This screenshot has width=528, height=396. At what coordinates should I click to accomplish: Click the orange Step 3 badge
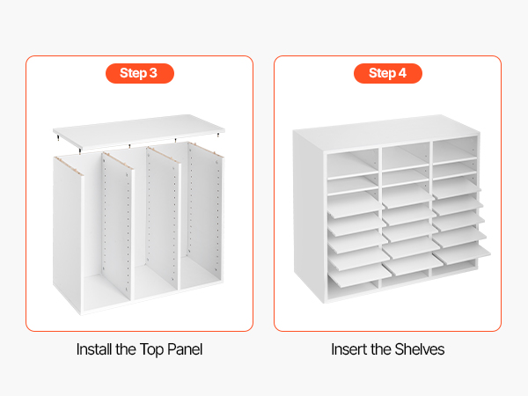[140, 73]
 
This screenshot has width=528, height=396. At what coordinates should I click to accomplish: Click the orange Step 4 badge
[387, 73]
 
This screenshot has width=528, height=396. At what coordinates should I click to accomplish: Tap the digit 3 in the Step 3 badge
[153, 73]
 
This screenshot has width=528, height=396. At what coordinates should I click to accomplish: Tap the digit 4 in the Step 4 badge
[402, 73]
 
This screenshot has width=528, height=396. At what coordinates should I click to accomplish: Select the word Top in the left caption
[151, 350]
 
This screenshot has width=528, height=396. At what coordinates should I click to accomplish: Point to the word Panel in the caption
[185, 349]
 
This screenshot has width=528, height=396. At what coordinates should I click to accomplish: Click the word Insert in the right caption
[348, 349]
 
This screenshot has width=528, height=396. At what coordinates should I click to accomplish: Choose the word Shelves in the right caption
[419, 349]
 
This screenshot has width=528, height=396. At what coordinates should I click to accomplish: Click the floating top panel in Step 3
[139, 131]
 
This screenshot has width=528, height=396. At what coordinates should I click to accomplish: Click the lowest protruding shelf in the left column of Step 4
[358, 275]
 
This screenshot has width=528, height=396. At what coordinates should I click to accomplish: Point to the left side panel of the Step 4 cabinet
[308, 216]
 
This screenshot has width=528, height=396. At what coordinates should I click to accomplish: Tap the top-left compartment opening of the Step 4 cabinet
[353, 164]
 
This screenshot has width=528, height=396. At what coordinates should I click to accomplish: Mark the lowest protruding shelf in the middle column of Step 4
[412, 264]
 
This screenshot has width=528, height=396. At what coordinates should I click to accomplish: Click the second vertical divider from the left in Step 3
[118, 225]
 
